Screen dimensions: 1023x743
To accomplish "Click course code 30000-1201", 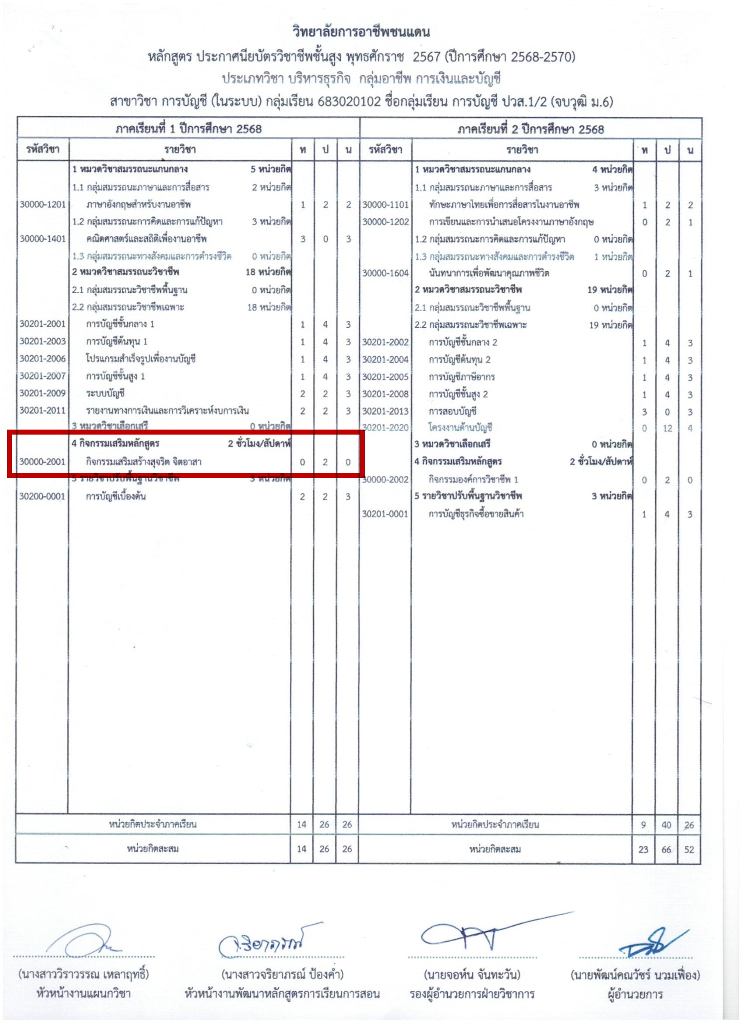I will click(x=42, y=204).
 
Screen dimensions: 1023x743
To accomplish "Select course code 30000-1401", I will click(x=42, y=239).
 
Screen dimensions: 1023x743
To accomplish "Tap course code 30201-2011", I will click(x=42, y=411).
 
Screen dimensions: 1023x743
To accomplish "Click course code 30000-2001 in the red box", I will click(x=42, y=462).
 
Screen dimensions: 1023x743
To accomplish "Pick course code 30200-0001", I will click(x=42, y=497).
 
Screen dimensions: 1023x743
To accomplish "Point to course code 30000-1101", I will click(x=385, y=205).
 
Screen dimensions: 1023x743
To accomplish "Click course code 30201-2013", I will click(x=385, y=411).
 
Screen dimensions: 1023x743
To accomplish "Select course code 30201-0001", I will click(x=385, y=514).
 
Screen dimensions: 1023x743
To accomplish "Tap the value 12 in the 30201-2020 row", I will click(x=667, y=428).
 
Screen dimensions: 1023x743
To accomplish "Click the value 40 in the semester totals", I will click(x=667, y=825).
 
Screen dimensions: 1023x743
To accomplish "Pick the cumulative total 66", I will click(x=667, y=849).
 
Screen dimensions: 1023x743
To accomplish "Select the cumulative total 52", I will click(x=689, y=849).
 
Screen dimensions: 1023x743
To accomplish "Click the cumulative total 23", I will click(x=643, y=849).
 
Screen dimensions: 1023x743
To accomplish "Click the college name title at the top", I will click(x=361, y=32).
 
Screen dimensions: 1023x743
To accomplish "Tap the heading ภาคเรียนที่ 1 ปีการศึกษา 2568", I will click(x=189, y=129).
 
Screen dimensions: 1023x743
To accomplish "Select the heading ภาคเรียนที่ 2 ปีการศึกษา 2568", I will click(x=531, y=129).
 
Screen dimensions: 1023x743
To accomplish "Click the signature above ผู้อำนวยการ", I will click(x=649, y=942).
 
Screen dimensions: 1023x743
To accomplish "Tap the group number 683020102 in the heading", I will click(x=349, y=102).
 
